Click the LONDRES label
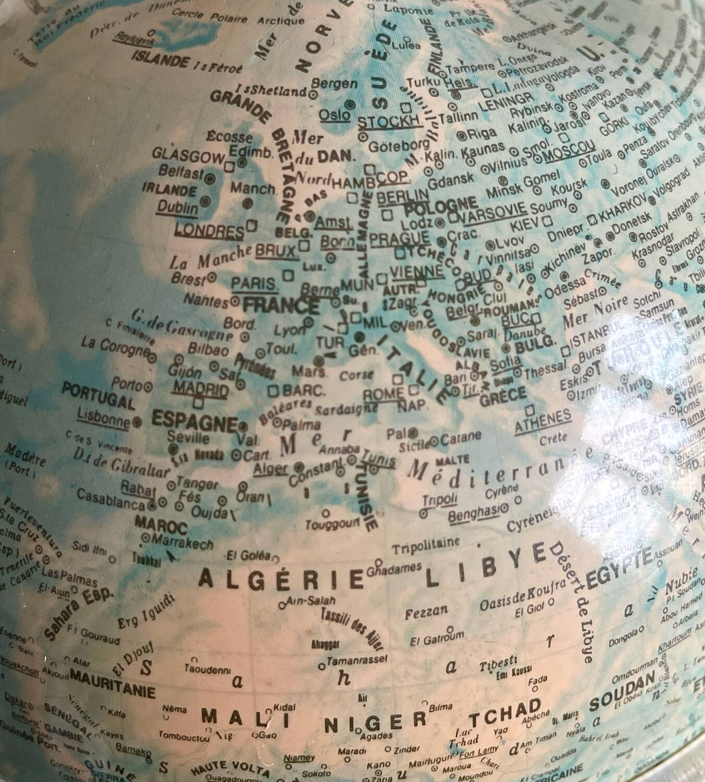[x=209, y=230]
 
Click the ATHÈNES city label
[x=543, y=421]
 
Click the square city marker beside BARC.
[x=272, y=390]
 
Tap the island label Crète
[x=553, y=439]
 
